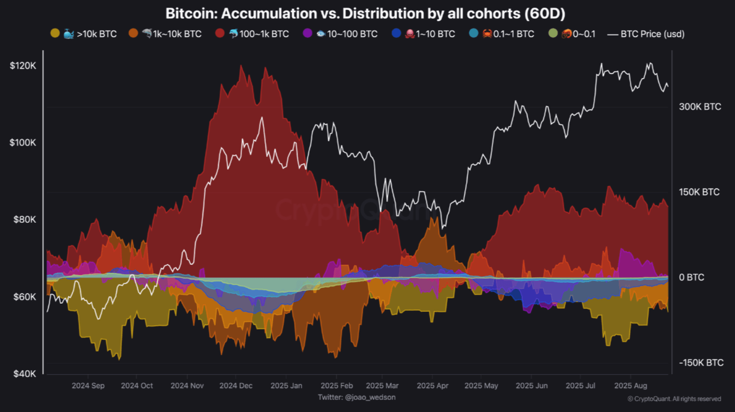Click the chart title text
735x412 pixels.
coord(365,13)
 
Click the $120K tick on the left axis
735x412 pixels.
coord(22,66)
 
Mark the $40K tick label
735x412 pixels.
coord(24,374)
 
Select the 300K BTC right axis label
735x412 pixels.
coord(700,107)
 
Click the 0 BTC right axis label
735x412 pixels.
coord(691,278)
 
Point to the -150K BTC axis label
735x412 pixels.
coord(701,363)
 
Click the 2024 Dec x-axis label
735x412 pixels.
coord(236,386)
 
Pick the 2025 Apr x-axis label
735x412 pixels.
coord(432,386)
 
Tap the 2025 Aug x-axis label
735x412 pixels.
coord(630,386)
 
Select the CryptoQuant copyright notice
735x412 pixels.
coord(674,399)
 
